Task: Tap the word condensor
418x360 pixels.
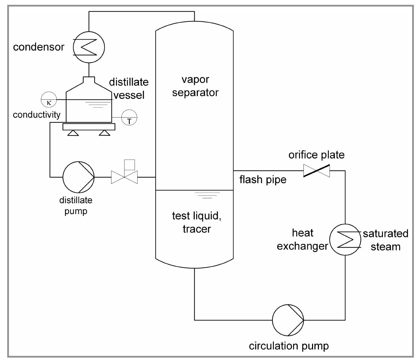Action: tap(39, 47)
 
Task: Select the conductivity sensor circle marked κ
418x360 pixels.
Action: tap(49, 99)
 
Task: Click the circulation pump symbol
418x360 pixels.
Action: tap(288, 320)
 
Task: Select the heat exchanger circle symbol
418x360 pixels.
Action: tap(345, 239)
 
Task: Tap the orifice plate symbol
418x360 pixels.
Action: tap(317, 171)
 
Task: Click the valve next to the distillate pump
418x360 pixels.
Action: tap(124, 177)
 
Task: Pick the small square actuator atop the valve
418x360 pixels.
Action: tap(129, 165)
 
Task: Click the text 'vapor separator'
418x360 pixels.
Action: tap(195, 86)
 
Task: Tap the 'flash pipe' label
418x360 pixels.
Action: tap(263, 179)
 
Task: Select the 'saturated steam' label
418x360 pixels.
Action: tap(385, 240)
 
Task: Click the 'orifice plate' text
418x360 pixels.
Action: tap(316, 155)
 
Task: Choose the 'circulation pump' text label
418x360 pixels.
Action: tap(289, 346)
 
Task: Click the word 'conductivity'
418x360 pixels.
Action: tap(36, 114)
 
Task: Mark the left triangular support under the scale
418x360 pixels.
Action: tap(73, 133)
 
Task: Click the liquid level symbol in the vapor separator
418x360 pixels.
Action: tap(207, 195)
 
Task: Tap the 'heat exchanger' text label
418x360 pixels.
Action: tap(303, 239)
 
